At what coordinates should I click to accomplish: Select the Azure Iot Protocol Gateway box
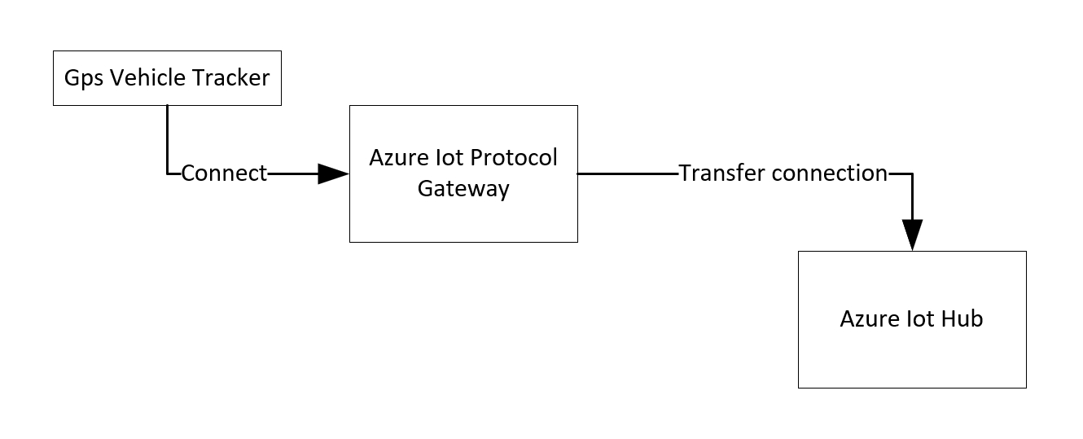[x=463, y=212]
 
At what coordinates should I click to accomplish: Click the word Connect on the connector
[x=224, y=173]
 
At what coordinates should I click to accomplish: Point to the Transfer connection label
[x=783, y=173]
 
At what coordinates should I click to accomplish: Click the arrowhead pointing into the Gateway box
[x=332, y=173]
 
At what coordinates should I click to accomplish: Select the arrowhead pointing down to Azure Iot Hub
[x=912, y=235]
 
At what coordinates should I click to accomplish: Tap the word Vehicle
[x=147, y=78]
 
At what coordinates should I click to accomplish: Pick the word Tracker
[x=230, y=78]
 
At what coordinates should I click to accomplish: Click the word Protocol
[x=515, y=157]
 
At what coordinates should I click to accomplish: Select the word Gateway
[x=463, y=189]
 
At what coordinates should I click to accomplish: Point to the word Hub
[x=962, y=318]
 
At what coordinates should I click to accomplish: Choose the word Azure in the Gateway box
[x=397, y=157]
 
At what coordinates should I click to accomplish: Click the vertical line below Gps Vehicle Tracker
[x=167, y=138]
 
